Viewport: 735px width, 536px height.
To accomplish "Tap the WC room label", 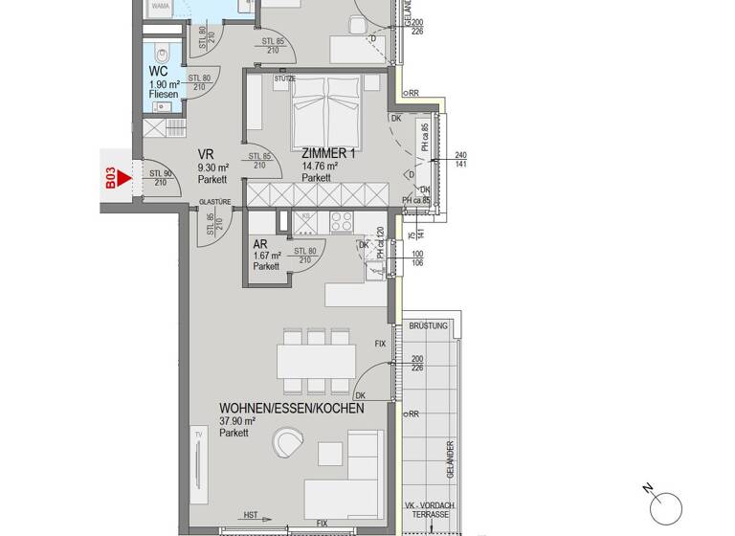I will coord(158,72).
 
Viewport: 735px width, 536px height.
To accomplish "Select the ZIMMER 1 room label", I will coord(329,153).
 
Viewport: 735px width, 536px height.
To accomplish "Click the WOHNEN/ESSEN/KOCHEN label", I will coord(291,409).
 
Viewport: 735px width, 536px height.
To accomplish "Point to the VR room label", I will coord(205,154).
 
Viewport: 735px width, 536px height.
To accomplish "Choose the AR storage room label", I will coord(260,244).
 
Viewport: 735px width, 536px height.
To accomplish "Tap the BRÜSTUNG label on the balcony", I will coord(428,326).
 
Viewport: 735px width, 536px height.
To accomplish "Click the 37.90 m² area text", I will coord(237,421).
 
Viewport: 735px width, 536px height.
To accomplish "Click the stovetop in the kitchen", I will coord(342,222).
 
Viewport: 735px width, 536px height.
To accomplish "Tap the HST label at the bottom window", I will coord(250,516).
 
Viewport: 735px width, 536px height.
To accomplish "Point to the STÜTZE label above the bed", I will coord(284,78).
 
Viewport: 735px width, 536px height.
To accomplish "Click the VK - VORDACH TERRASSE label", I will coord(428,509).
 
